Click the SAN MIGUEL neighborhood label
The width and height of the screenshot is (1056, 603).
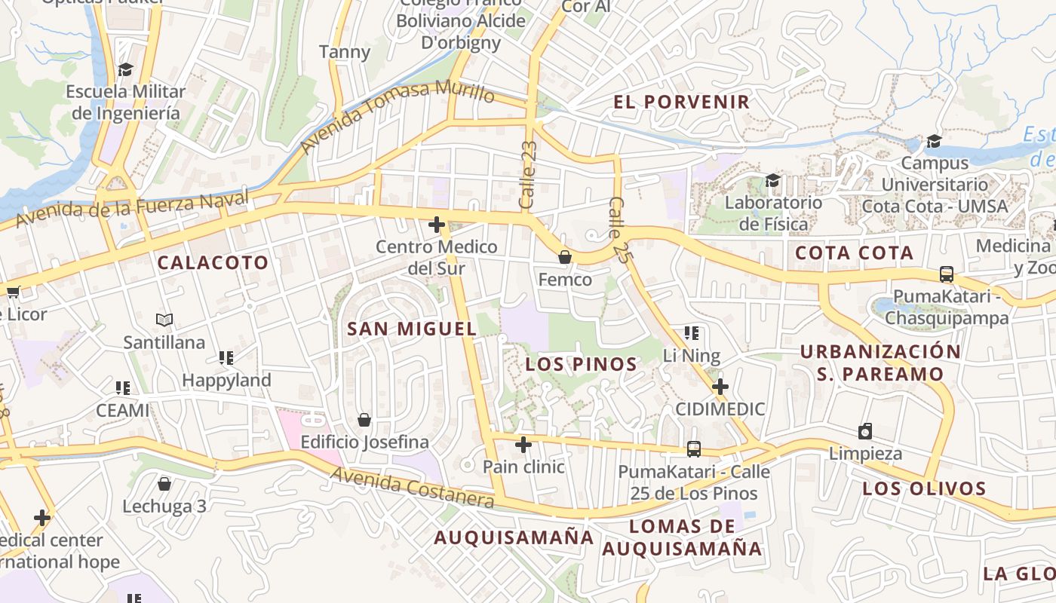click(412, 329)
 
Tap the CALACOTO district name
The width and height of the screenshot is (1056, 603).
click(213, 263)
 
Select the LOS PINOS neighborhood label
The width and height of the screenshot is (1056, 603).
click(582, 365)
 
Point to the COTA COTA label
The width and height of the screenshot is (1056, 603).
click(855, 253)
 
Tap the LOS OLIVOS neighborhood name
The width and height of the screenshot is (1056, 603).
click(924, 488)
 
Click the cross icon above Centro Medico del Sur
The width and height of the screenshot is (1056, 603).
click(437, 225)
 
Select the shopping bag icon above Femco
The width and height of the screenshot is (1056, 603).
click(564, 258)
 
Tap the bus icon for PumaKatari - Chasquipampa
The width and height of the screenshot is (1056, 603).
click(947, 274)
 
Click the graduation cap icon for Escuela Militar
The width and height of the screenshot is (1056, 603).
click(125, 70)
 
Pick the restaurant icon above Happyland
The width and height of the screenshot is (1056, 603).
click(226, 357)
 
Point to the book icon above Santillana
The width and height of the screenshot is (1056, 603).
click(164, 320)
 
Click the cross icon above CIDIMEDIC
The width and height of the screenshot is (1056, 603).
click(720, 387)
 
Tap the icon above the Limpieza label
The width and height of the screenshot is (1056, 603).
click(865, 431)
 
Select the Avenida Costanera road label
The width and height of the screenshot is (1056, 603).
click(412, 488)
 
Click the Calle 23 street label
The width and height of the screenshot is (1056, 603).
click(528, 175)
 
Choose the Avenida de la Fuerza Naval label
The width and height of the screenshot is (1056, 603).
click(132, 210)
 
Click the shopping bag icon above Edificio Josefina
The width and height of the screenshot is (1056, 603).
click(364, 420)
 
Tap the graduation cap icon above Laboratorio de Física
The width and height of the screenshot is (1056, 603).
click(772, 180)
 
